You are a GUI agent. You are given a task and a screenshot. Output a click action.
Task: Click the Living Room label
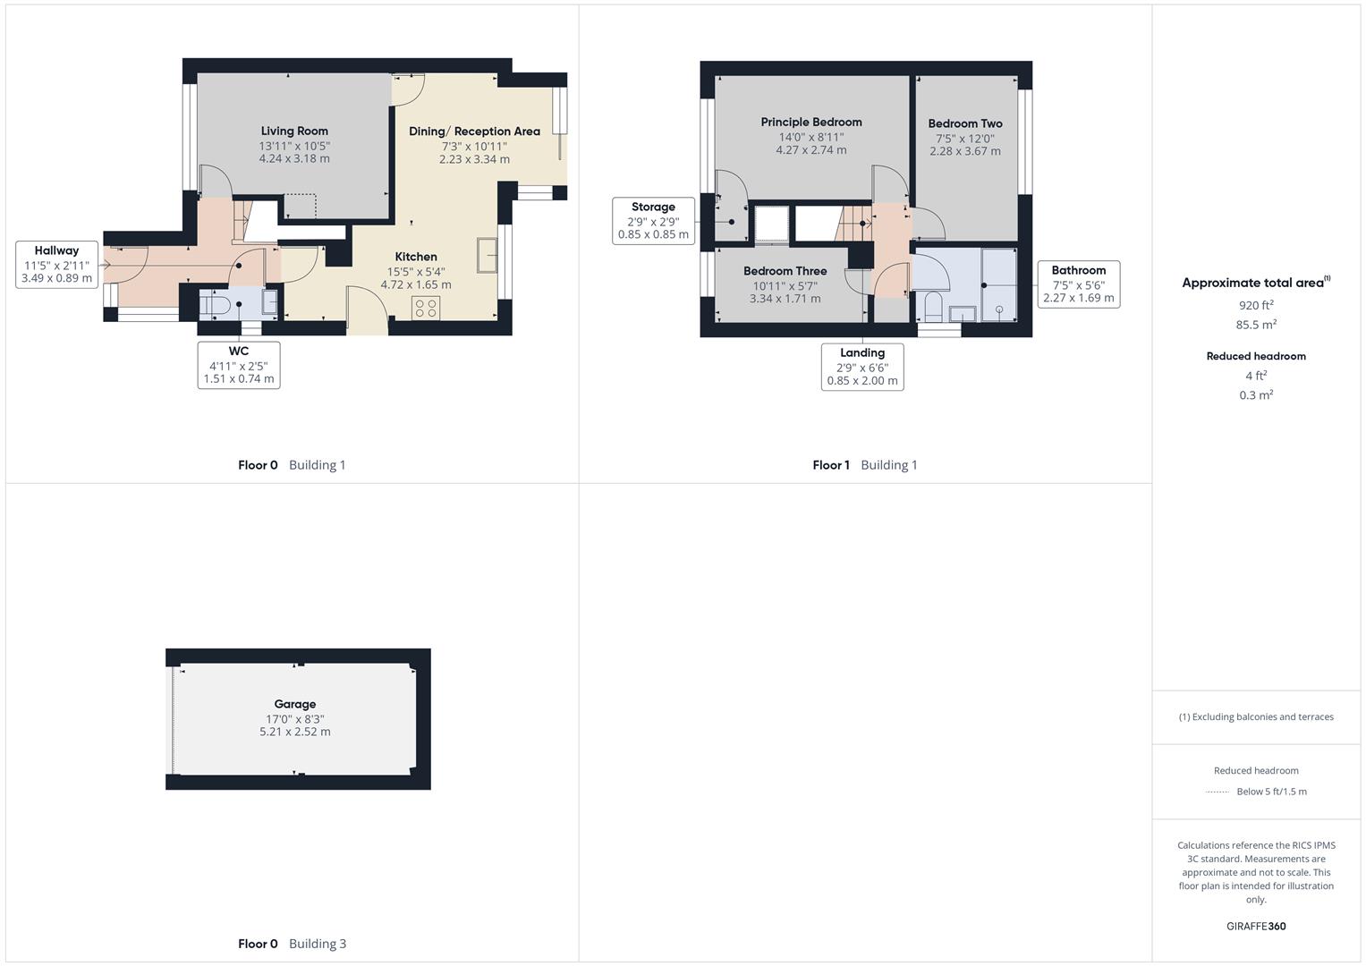pos(294,131)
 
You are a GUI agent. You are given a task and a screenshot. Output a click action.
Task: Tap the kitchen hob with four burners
pos(426,309)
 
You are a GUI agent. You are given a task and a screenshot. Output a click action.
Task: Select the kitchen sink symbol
pos(488,254)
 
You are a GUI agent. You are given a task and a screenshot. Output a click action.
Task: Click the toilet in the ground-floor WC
pos(216,306)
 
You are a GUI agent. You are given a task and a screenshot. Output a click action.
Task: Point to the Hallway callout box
pos(56,264)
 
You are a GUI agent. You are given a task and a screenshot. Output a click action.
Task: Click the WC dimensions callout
pos(238,365)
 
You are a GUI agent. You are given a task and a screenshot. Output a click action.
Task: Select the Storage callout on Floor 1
pos(653,221)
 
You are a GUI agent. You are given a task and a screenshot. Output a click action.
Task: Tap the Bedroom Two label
pos(965,123)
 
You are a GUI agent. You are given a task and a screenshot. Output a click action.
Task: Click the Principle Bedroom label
pos(811,122)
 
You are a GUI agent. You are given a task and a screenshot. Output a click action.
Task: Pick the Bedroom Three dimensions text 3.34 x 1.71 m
pos(785,299)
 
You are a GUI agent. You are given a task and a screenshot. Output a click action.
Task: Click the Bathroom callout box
pos(1078,284)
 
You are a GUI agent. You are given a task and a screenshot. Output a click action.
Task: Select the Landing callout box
pos(862,367)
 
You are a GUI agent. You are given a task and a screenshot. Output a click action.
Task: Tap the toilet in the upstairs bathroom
pos(932,306)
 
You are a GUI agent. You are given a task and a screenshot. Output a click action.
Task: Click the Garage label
pos(295,704)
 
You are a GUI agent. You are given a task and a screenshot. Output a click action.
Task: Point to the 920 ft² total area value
pos(1256,305)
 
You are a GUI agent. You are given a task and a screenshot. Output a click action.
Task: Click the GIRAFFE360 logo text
pos(1256,926)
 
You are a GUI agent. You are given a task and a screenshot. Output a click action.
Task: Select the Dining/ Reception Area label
pos(474,131)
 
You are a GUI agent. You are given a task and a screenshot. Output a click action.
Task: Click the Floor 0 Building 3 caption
pos(292,944)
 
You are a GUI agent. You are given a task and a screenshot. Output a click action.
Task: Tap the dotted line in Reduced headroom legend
pos(1218,792)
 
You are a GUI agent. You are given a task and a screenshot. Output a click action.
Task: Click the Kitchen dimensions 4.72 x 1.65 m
pos(416,285)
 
